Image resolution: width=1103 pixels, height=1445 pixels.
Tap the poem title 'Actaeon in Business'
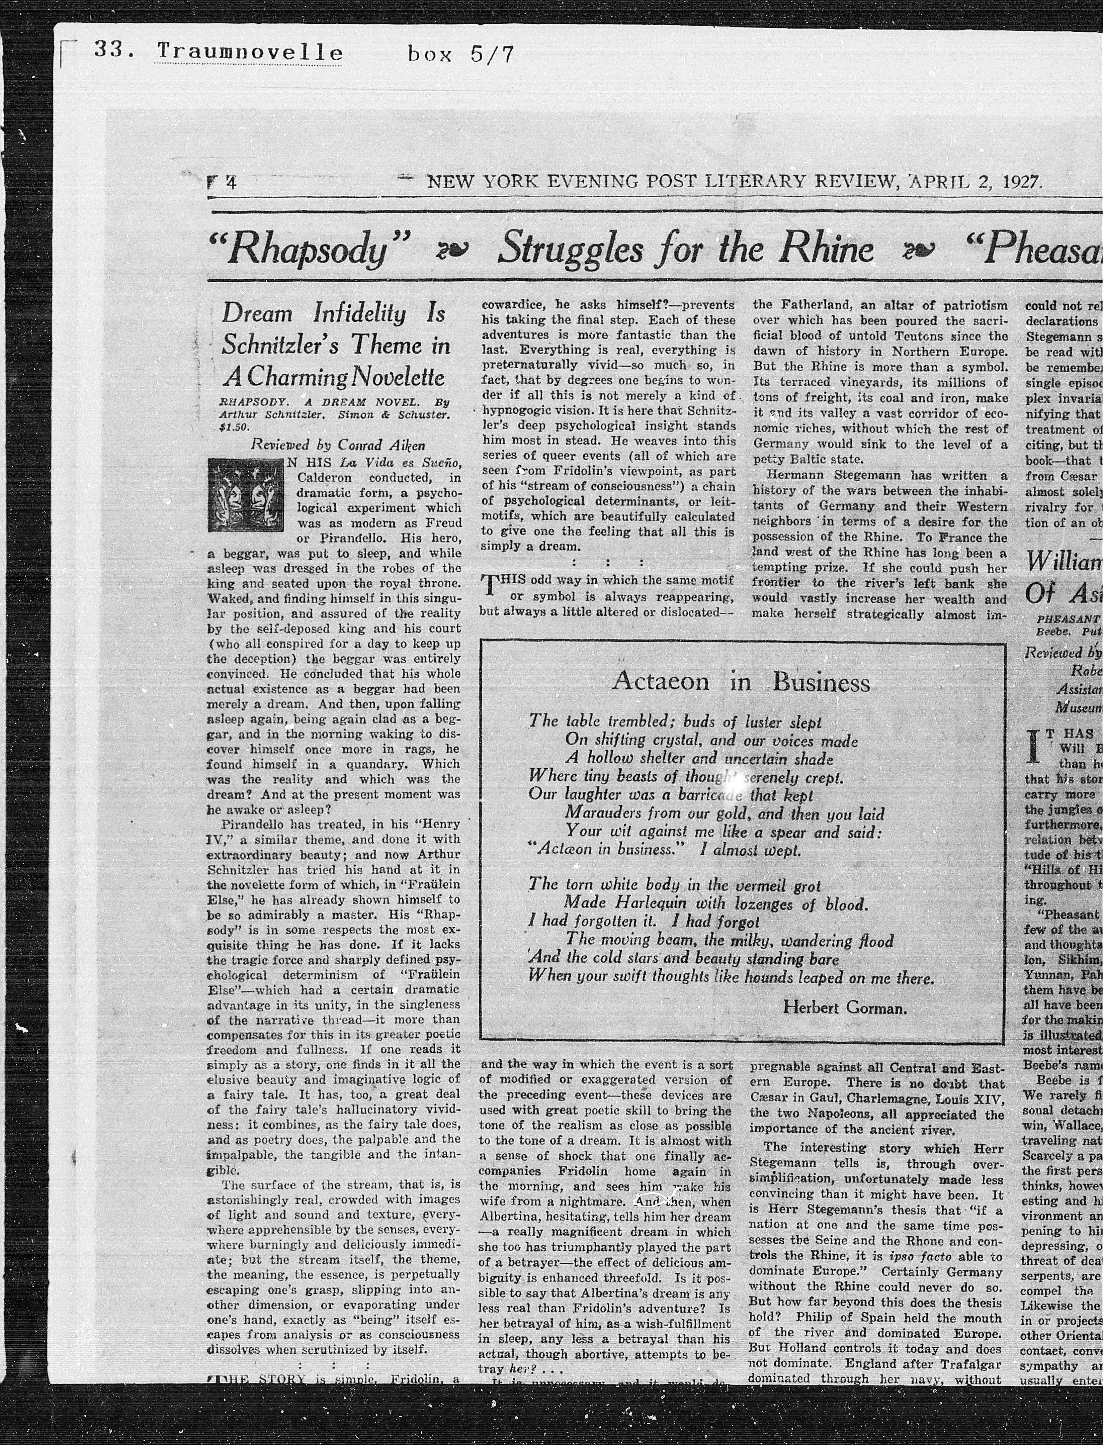(x=741, y=682)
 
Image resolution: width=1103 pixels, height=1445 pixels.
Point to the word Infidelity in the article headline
(x=360, y=314)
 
